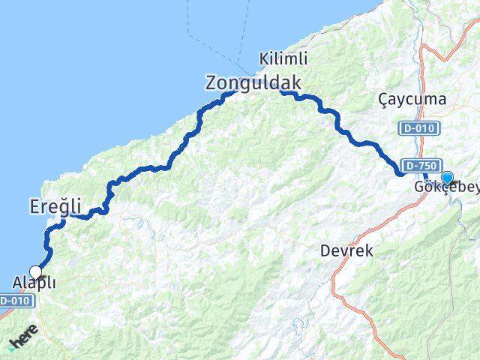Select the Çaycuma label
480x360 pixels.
click(x=412, y=99)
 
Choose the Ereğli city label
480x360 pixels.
click(x=53, y=204)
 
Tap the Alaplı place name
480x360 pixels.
click(x=34, y=284)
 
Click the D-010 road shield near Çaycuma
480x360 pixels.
click(x=415, y=128)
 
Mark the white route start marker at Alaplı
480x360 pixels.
click(x=35, y=272)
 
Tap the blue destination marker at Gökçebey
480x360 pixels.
click(x=448, y=178)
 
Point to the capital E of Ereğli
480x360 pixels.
click(x=34, y=204)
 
